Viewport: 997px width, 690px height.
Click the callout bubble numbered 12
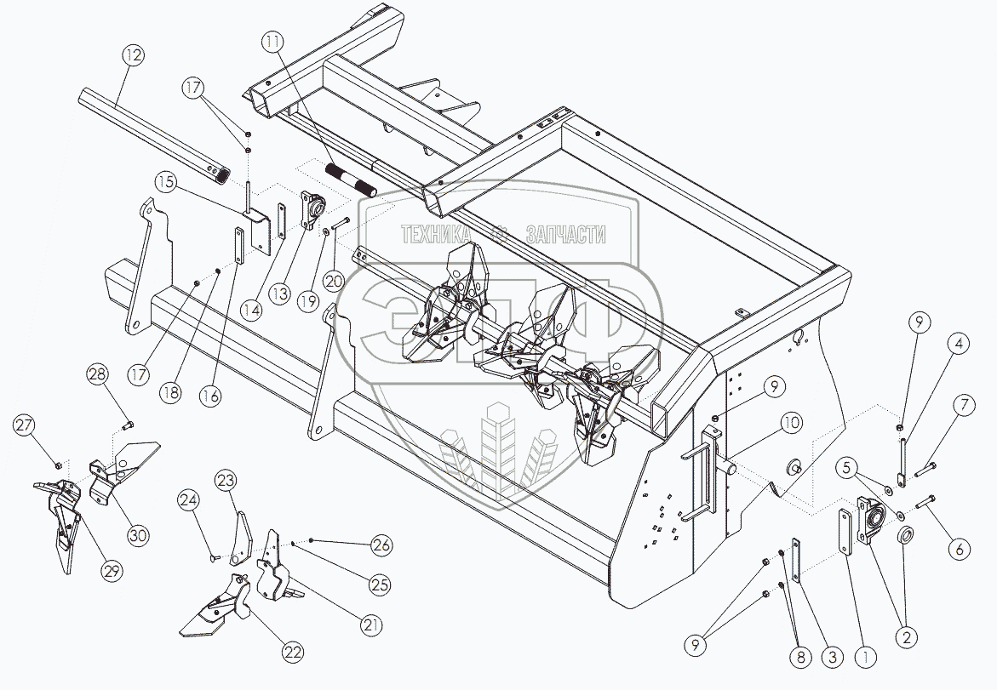(x=132, y=55)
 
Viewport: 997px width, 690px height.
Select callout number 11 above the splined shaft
(x=272, y=39)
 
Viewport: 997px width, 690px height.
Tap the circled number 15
(x=166, y=181)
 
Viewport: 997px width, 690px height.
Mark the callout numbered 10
(x=791, y=422)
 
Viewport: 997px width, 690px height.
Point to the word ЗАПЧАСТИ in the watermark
(x=566, y=235)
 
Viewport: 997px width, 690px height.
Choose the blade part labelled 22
(x=220, y=608)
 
